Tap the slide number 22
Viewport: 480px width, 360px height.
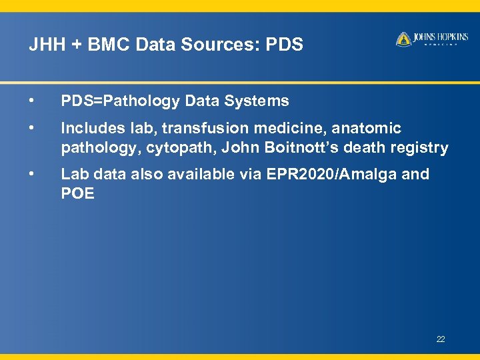click(441, 339)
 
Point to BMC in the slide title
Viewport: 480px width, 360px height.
click(105, 45)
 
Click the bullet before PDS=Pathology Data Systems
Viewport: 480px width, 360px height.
click(31, 101)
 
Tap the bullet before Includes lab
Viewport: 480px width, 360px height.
click(31, 127)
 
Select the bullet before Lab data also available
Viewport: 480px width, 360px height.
click(31, 174)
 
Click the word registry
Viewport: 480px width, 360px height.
click(421, 148)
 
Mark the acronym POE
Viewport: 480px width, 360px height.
click(77, 194)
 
